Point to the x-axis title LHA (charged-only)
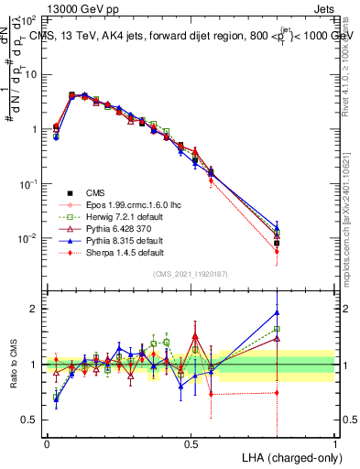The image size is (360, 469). tap(293, 456)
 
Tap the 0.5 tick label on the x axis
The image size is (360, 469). tap(191, 443)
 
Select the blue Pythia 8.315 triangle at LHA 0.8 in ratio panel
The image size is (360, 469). tap(277, 312)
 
